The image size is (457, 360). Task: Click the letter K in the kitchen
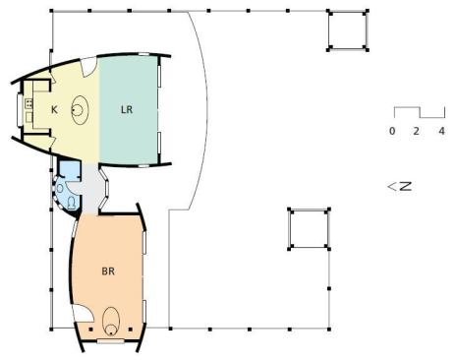pyautogui.click(x=54, y=109)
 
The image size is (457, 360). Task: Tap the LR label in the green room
pyautogui.click(x=127, y=109)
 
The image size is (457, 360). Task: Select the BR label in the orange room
pyautogui.click(x=108, y=271)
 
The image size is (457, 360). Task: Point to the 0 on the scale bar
pyautogui.click(x=392, y=131)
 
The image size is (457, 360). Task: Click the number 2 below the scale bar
pyautogui.click(x=416, y=131)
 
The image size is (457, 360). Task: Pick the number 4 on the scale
pyautogui.click(x=442, y=131)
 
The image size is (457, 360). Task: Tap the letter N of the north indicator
pyautogui.click(x=406, y=186)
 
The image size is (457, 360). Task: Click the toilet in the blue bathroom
pyautogui.click(x=72, y=203)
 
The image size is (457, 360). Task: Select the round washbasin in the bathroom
pyautogui.click(x=60, y=189)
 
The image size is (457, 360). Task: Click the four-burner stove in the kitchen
pyautogui.click(x=29, y=103)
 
